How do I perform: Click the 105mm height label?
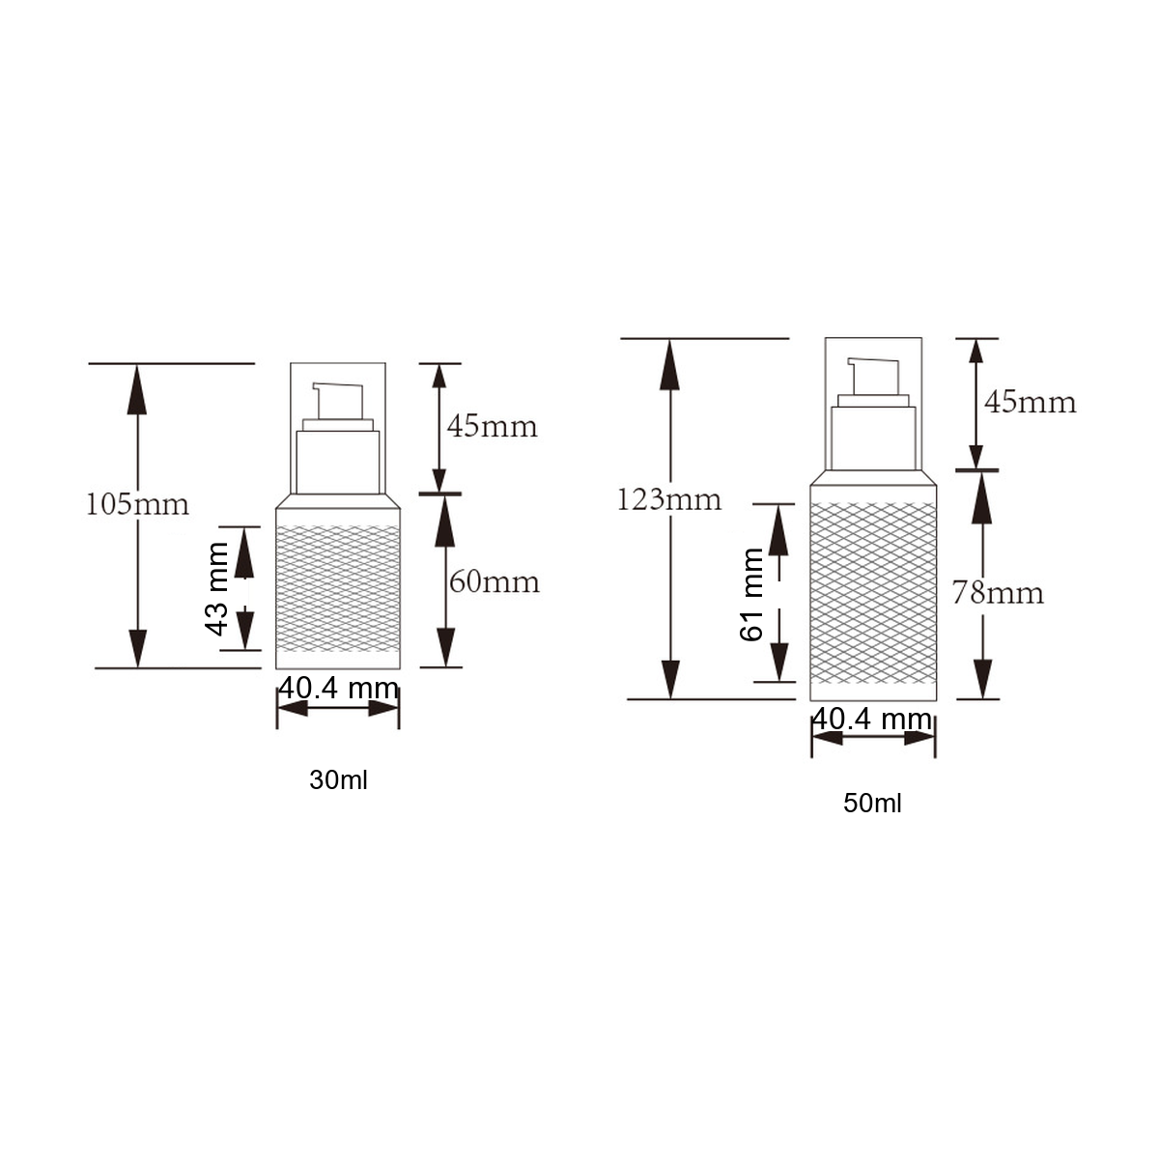click(x=138, y=504)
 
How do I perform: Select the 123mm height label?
click(x=669, y=499)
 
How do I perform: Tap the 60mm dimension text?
click(x=495, y=582)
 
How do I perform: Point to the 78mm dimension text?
click(x=998, y=594)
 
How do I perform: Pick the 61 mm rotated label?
click(x=751, y=595)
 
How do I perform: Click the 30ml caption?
click(x=338, y=780)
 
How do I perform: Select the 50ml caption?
click(x=872, y=803)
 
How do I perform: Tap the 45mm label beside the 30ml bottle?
click(x=492, y=427)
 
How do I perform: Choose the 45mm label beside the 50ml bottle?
click(x=1031, y=402)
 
